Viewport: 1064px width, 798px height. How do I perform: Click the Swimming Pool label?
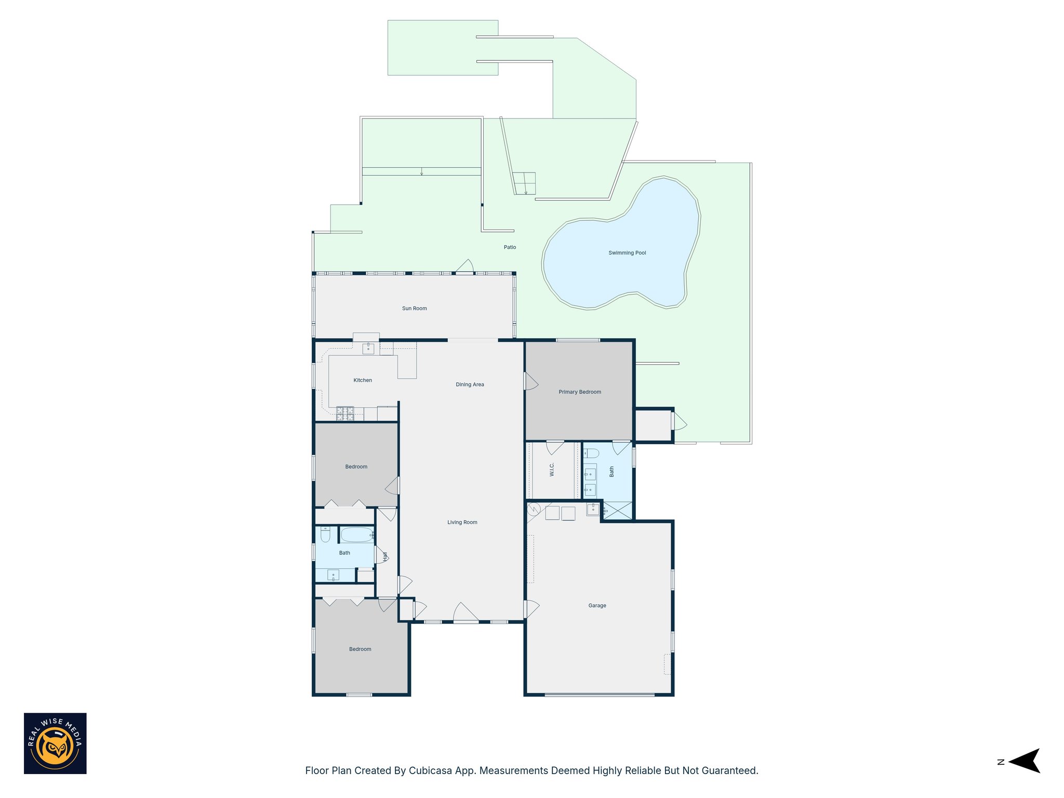pos(627,253)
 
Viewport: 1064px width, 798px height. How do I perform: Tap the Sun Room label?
pos(414,309)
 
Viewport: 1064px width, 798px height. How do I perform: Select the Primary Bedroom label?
pos(580,392)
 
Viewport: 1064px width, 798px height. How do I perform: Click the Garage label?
pos(597,606)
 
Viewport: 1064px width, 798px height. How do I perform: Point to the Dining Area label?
pos(470,385)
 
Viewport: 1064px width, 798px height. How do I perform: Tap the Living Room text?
pos(462,523)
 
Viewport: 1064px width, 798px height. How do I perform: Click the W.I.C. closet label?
pos(552,470)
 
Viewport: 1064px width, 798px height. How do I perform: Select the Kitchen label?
pos(363,380)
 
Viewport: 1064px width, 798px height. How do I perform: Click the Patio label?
pos(510,247)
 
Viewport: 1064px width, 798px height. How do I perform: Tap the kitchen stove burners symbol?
pos(345,414)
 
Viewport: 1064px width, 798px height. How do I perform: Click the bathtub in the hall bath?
pos(356,535)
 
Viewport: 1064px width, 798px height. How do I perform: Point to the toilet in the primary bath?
pos(591,453)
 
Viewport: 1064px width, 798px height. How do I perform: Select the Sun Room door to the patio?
pos(464,267)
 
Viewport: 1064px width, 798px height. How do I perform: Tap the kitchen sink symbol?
pos(368,348)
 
